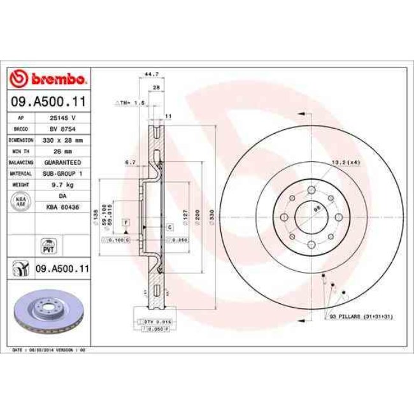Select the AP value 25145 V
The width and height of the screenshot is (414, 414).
point(64,118)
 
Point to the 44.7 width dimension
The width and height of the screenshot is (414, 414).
point(151,75)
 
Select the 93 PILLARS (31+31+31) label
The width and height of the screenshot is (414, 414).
point(361,317)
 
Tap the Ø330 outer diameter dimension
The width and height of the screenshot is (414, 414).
point(210,220)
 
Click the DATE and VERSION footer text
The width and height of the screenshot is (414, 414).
point(48,350)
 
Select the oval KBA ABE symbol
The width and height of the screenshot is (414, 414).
point(21,201)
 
